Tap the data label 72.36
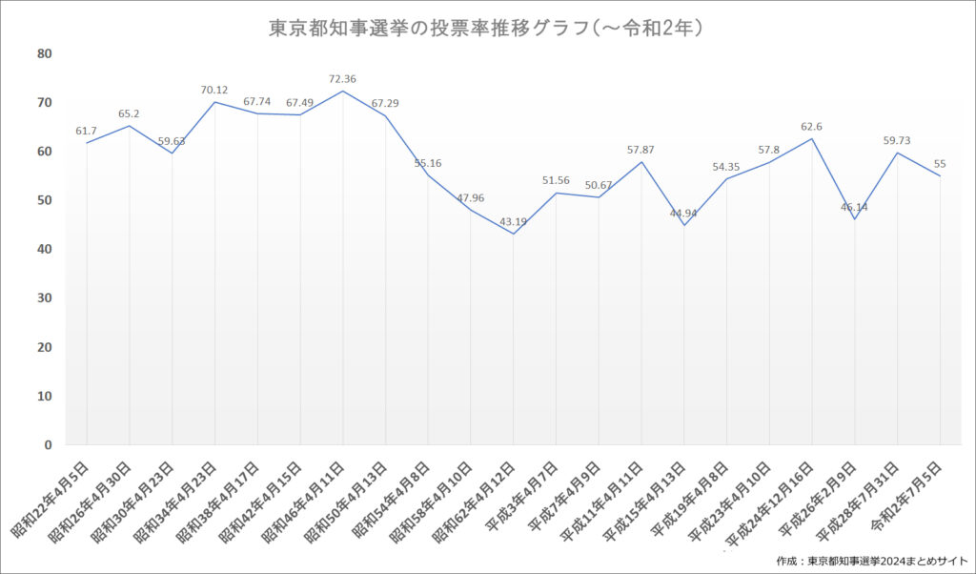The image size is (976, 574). [342, 79]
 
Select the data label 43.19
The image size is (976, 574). [513, 221]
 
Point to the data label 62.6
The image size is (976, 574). [811, 127]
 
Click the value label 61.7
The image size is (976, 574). [86, 131]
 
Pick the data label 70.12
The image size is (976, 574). [214, 91]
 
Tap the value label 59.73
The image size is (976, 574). [896, 141]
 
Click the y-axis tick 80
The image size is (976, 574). [45, 53]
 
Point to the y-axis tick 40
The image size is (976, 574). [45, 249]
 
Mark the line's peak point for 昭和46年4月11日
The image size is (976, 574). [343, 91]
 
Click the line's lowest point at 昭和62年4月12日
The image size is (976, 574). [514, 234]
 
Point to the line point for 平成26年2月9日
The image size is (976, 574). [855, 219]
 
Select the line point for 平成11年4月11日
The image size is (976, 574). [641, 162]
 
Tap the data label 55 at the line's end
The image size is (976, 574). [939, 164]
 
